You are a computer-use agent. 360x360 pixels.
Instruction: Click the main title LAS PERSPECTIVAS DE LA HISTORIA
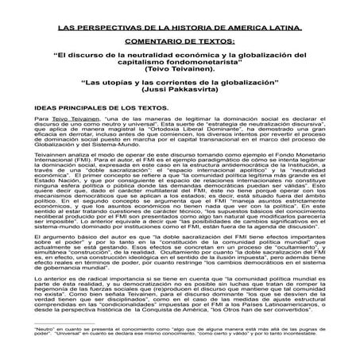click(x=180, y=26)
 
